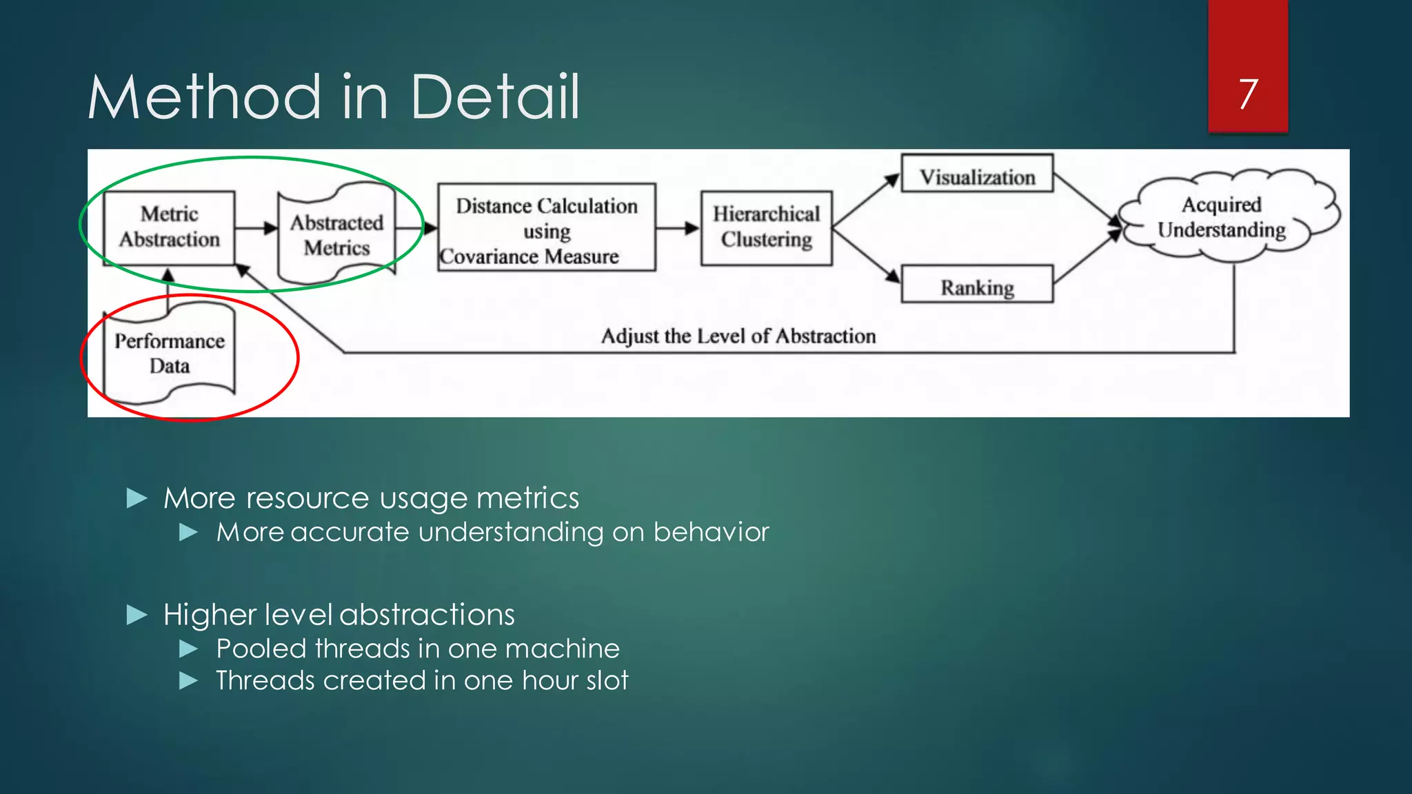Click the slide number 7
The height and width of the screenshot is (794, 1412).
point(1248,94)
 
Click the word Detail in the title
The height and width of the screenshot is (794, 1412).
point(494,97)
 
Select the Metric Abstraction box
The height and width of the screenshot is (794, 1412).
point(169,227)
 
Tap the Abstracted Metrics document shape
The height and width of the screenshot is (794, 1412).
point(336,234)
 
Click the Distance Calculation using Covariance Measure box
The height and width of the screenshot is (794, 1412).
point(546,227)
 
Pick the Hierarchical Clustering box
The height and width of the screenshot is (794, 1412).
point(766,227)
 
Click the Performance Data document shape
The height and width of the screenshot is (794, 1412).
point(169,354)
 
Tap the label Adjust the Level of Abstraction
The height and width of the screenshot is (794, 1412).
point(738,336)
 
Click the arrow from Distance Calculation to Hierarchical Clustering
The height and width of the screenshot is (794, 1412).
point(677,228)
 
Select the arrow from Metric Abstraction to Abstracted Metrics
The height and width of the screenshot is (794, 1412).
point(256,228)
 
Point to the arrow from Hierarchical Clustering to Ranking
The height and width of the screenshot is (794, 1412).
point(866,255)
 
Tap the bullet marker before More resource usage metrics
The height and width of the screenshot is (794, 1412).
point(137,498)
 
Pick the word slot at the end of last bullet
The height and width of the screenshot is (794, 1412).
point(603,681)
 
